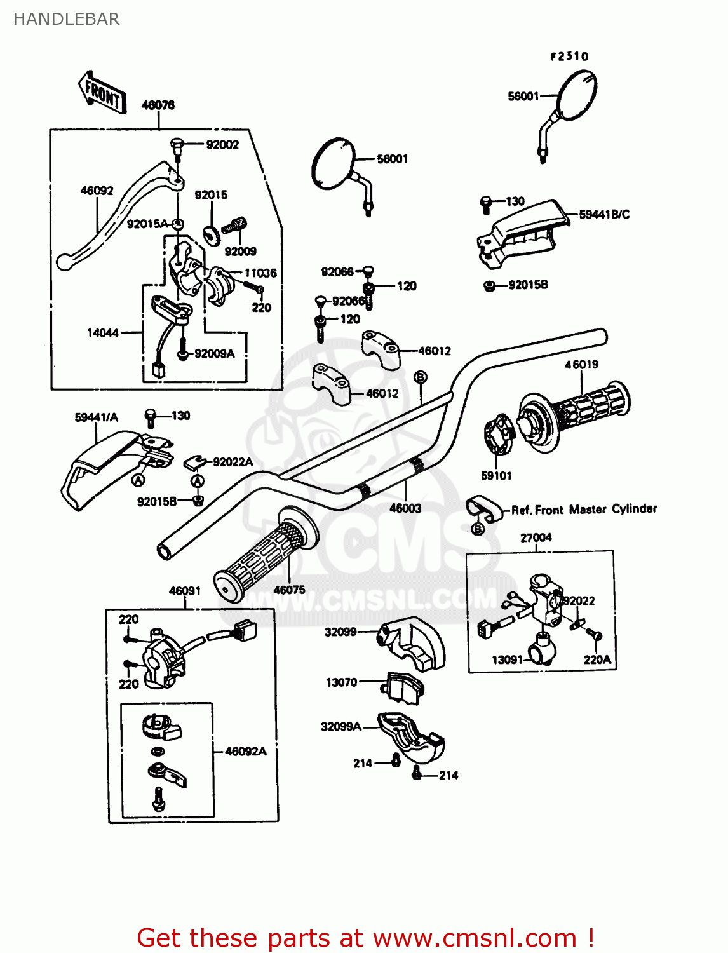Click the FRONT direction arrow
coord(102,93)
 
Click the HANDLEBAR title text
coord(66,19)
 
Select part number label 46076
coord(158,105)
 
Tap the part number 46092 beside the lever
coord(97,191)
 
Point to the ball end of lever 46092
coord(64,262)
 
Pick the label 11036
coord(260,273)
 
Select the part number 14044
coord(102,333)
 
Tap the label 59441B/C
coord(604,215)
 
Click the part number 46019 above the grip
coord(581,365)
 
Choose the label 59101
coord(496,476)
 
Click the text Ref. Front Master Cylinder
coord(584,510)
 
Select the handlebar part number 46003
coord(405,508)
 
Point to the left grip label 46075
coord(289,590)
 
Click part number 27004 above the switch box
coord(536,537)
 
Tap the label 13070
coord(341,682)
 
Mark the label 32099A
coord(340,726)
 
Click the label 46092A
coord(246,752)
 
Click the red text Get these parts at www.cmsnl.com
coord(365,938)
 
